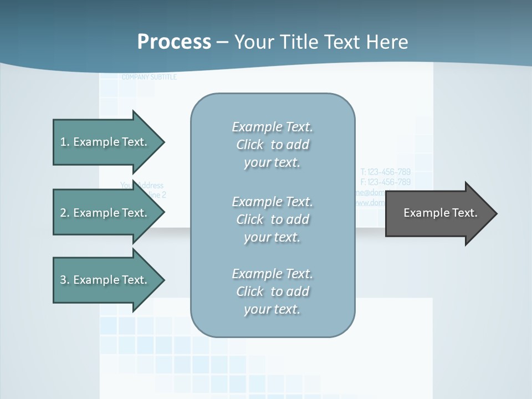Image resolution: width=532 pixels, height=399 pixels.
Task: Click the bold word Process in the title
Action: tap(174, 42)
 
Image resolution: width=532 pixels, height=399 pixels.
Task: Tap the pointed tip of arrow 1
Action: tap(162, 142)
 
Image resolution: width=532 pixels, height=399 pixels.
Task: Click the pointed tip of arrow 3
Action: tap(162, 280)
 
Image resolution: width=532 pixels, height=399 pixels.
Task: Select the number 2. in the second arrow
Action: tap(64, 213)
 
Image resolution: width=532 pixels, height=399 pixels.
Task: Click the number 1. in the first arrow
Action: tap(64, 142)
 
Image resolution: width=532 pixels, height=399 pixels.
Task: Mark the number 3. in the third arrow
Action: tap(64, 280)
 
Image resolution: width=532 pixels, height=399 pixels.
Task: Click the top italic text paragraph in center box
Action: tap(272, 145)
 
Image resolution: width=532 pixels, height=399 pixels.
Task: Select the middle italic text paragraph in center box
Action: tap(272, 219)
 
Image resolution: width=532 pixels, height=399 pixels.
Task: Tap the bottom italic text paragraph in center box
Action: tap(272, 291)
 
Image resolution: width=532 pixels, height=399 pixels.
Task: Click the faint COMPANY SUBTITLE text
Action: tap(149, 77)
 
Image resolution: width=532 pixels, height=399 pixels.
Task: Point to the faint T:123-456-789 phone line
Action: tap(386, 172)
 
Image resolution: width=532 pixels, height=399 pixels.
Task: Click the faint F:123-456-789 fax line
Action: tap(386, 182)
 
